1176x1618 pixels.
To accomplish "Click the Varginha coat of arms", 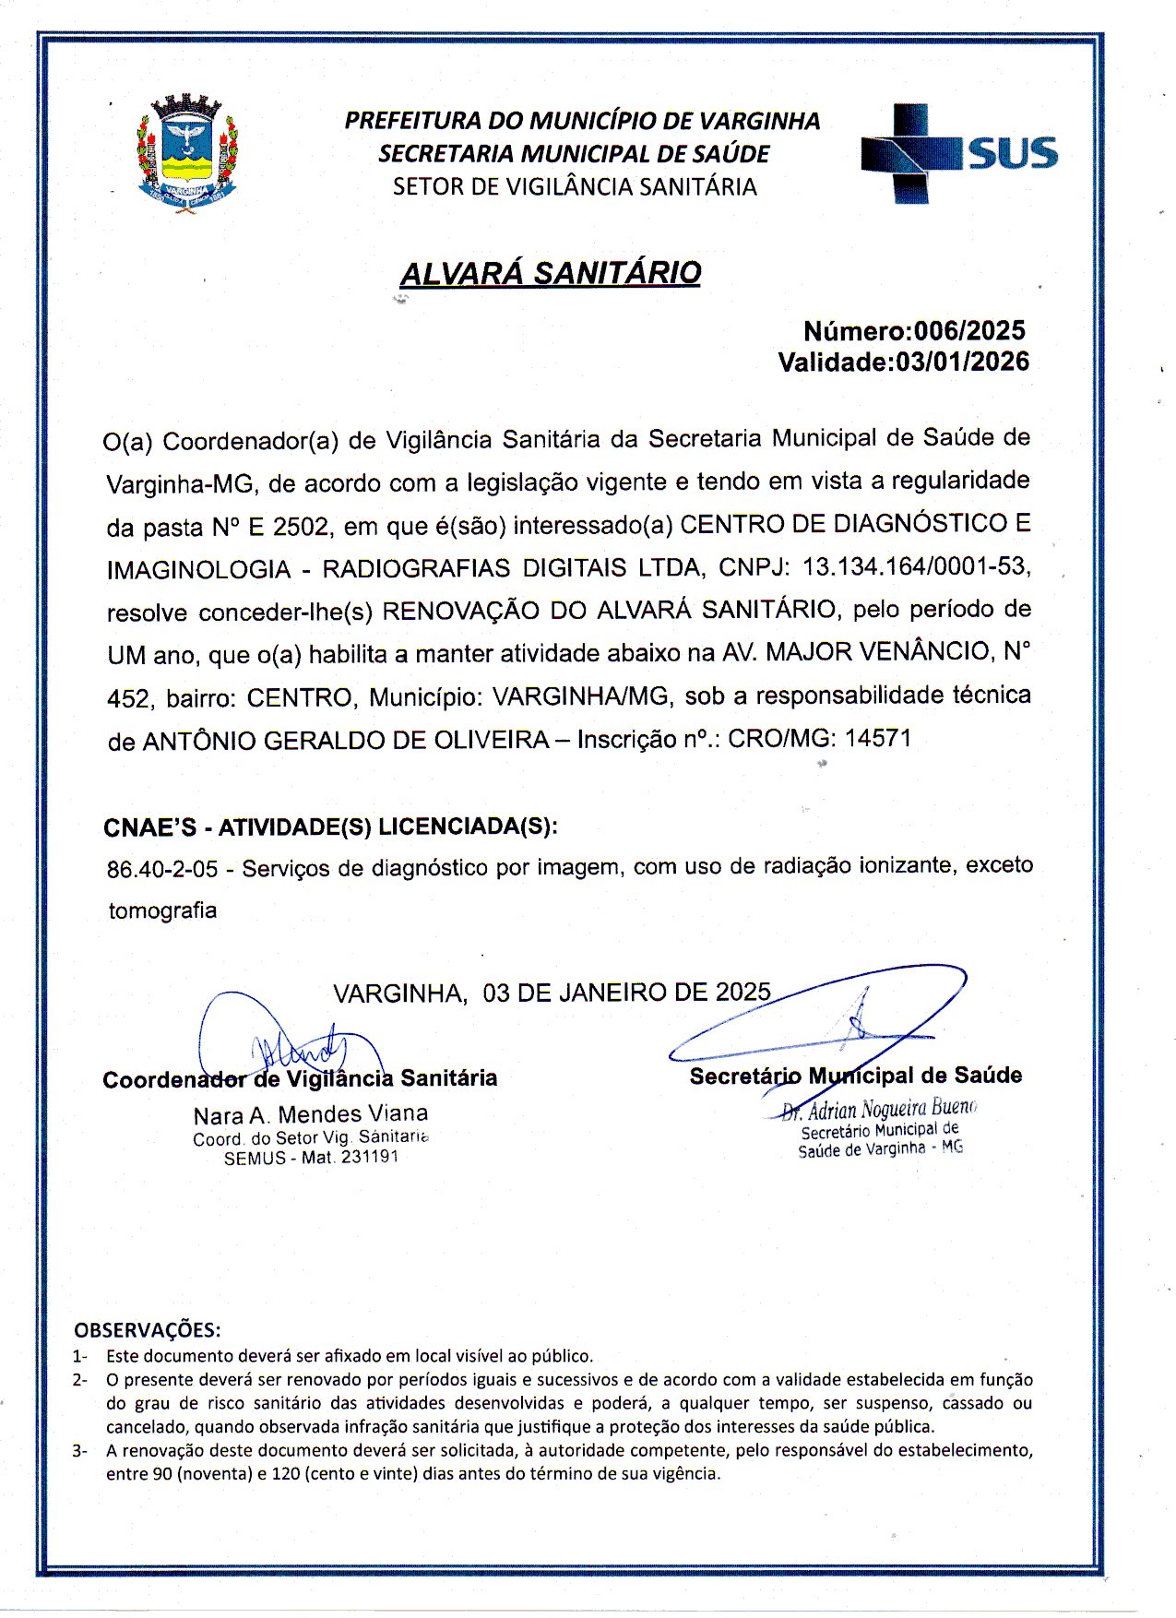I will tap(188, 154).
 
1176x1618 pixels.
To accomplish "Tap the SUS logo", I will tap(959, 153).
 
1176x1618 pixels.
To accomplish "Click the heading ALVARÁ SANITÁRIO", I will tap(551, 273).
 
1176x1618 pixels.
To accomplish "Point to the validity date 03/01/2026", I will tap(963, 362).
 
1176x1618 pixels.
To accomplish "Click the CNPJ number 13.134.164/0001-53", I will tap(916, 566).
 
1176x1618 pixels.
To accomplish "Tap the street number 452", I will tap(128, 698).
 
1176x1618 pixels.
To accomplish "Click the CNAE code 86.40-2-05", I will tap(162, 869).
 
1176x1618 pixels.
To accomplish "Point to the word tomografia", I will tap(162, 911).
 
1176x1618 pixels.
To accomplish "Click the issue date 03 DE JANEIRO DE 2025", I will tap(626, 993).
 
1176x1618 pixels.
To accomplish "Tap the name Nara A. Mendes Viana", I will tap(311, 1114).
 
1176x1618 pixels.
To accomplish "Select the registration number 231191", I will tap(369, 1158).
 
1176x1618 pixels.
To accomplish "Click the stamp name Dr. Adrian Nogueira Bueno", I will tap(878, 1109).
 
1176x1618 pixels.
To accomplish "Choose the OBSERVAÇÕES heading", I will tap(148, 1330).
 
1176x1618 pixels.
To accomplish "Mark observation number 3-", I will tap(80, 1450).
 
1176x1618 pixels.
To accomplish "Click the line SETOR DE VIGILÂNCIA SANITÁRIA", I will tap(575, 186).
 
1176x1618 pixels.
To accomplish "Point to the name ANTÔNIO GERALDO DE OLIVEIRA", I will tap(346, 741).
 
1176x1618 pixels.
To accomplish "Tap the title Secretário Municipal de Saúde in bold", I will tap(855, 1076).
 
